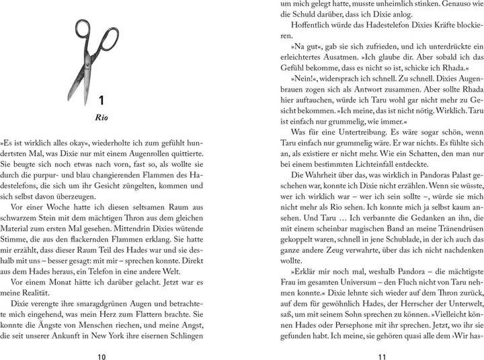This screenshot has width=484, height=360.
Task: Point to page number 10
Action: click(x=100, y=337)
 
